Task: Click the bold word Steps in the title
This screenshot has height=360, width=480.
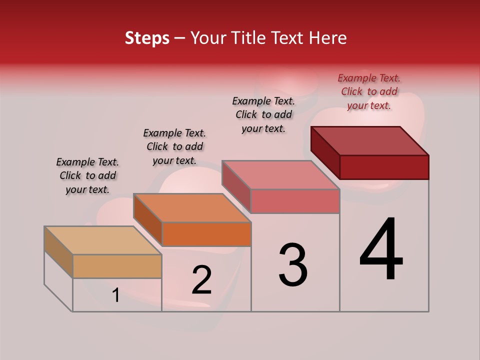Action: point(147,38)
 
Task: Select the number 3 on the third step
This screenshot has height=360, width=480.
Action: point(293,265)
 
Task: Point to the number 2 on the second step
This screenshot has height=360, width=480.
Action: point(201,280)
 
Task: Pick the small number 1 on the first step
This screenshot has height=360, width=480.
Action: point(116,295)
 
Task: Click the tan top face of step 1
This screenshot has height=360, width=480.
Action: point(103,240)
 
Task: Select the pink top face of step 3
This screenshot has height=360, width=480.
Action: point(281,175)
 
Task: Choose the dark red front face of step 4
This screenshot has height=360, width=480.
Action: point(384,167)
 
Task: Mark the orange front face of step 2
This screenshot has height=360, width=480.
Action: point(206,234)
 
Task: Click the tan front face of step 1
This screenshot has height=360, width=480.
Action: point(117,266)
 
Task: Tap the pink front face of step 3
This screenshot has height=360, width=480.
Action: point(295,201)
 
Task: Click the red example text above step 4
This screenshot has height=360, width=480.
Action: point(369,91)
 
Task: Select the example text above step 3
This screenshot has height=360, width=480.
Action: point(263,114)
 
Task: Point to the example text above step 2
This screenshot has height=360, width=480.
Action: point(174,146)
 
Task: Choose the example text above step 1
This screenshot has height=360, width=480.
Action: point(87,175)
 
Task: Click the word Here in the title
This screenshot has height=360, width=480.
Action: point(328,38)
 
